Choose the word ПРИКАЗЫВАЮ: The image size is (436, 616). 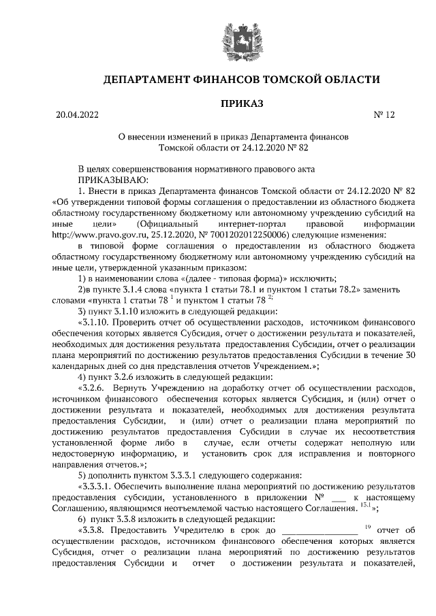pos(110,180)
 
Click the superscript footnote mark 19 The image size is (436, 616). pos(366,527)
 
